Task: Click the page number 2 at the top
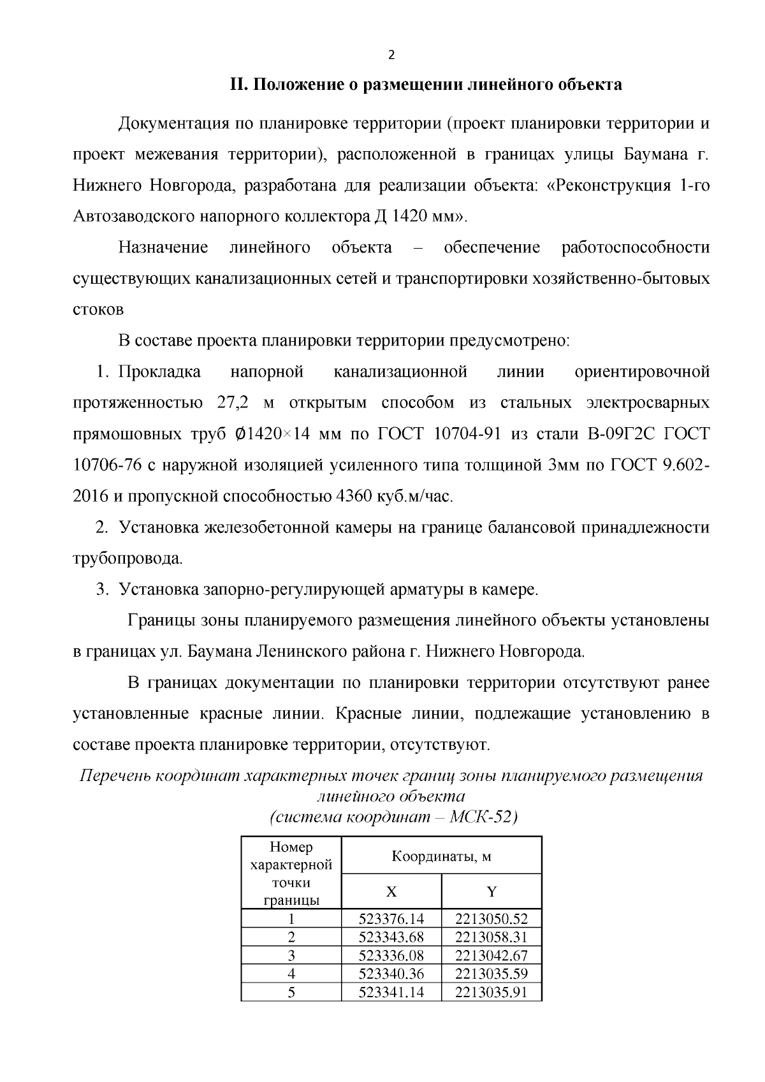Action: point(391,55)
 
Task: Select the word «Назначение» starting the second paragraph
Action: point(163,247)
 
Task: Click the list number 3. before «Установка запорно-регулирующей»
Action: point(103,590)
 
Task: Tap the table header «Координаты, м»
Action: point(441,856)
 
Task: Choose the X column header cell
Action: point(391,892)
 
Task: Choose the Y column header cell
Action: point(492,892)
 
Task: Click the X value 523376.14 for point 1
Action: point(391,919)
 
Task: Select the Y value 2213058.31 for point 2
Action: point(492,937)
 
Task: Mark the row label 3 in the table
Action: point(291,956)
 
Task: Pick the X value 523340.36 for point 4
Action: point(391,974)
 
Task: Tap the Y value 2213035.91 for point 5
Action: point(492,992)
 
